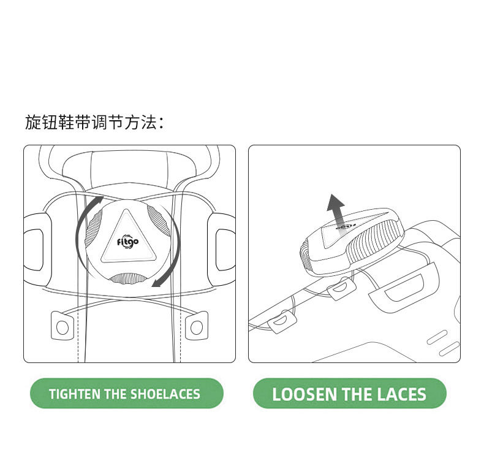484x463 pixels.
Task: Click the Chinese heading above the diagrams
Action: pyautogui.click(x=94, y=123)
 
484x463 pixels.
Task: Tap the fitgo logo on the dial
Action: pyautogui.click(x=127, y=241)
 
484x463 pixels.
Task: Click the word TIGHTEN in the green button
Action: pyautogui.click(x=74, y=394)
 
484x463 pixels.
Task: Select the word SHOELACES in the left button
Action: pyautogui.click(x=165, y=394)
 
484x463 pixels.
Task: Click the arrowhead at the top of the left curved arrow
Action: pyautogui.click(x=99, y=200)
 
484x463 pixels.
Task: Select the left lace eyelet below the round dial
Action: pyautogui.click(x=62, y=326)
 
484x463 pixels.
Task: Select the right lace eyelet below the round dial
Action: pyautogui.click(x=196, y=326)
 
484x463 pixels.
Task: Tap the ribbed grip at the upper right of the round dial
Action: pyautogui.click(x=158, y=221)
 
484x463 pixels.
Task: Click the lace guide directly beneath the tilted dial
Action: pyautogui.click(x=341, y=288)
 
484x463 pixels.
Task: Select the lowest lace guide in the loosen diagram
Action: pyautogui.click(x=282, y=321)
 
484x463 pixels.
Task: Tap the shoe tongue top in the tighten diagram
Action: pyautogui.click(x=129, y=168)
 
